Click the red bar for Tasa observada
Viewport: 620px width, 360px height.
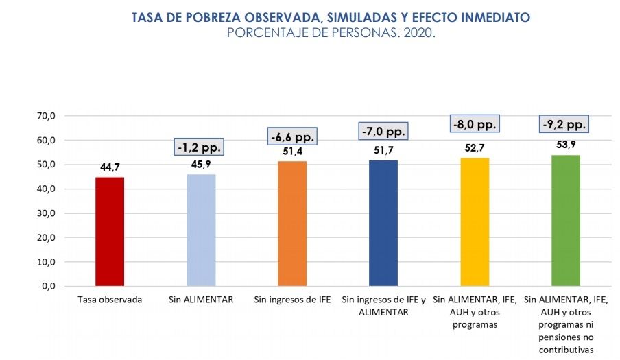point(110,231)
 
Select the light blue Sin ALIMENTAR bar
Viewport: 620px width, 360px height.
point(201,230)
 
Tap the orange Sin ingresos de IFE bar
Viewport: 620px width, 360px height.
point(292,223)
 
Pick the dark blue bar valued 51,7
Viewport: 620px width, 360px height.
point(383,223)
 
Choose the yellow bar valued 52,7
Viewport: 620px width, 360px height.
point(475,221)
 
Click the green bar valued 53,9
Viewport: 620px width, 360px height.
point(566,220)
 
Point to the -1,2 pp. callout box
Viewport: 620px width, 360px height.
point(200,147)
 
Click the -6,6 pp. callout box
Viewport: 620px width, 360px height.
point(292,137)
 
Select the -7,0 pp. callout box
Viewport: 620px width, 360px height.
point(383,130)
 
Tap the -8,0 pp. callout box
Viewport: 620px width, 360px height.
point(475,124)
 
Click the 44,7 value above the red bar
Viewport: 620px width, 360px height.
point(110,167)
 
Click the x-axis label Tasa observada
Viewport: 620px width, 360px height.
point(110,300)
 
